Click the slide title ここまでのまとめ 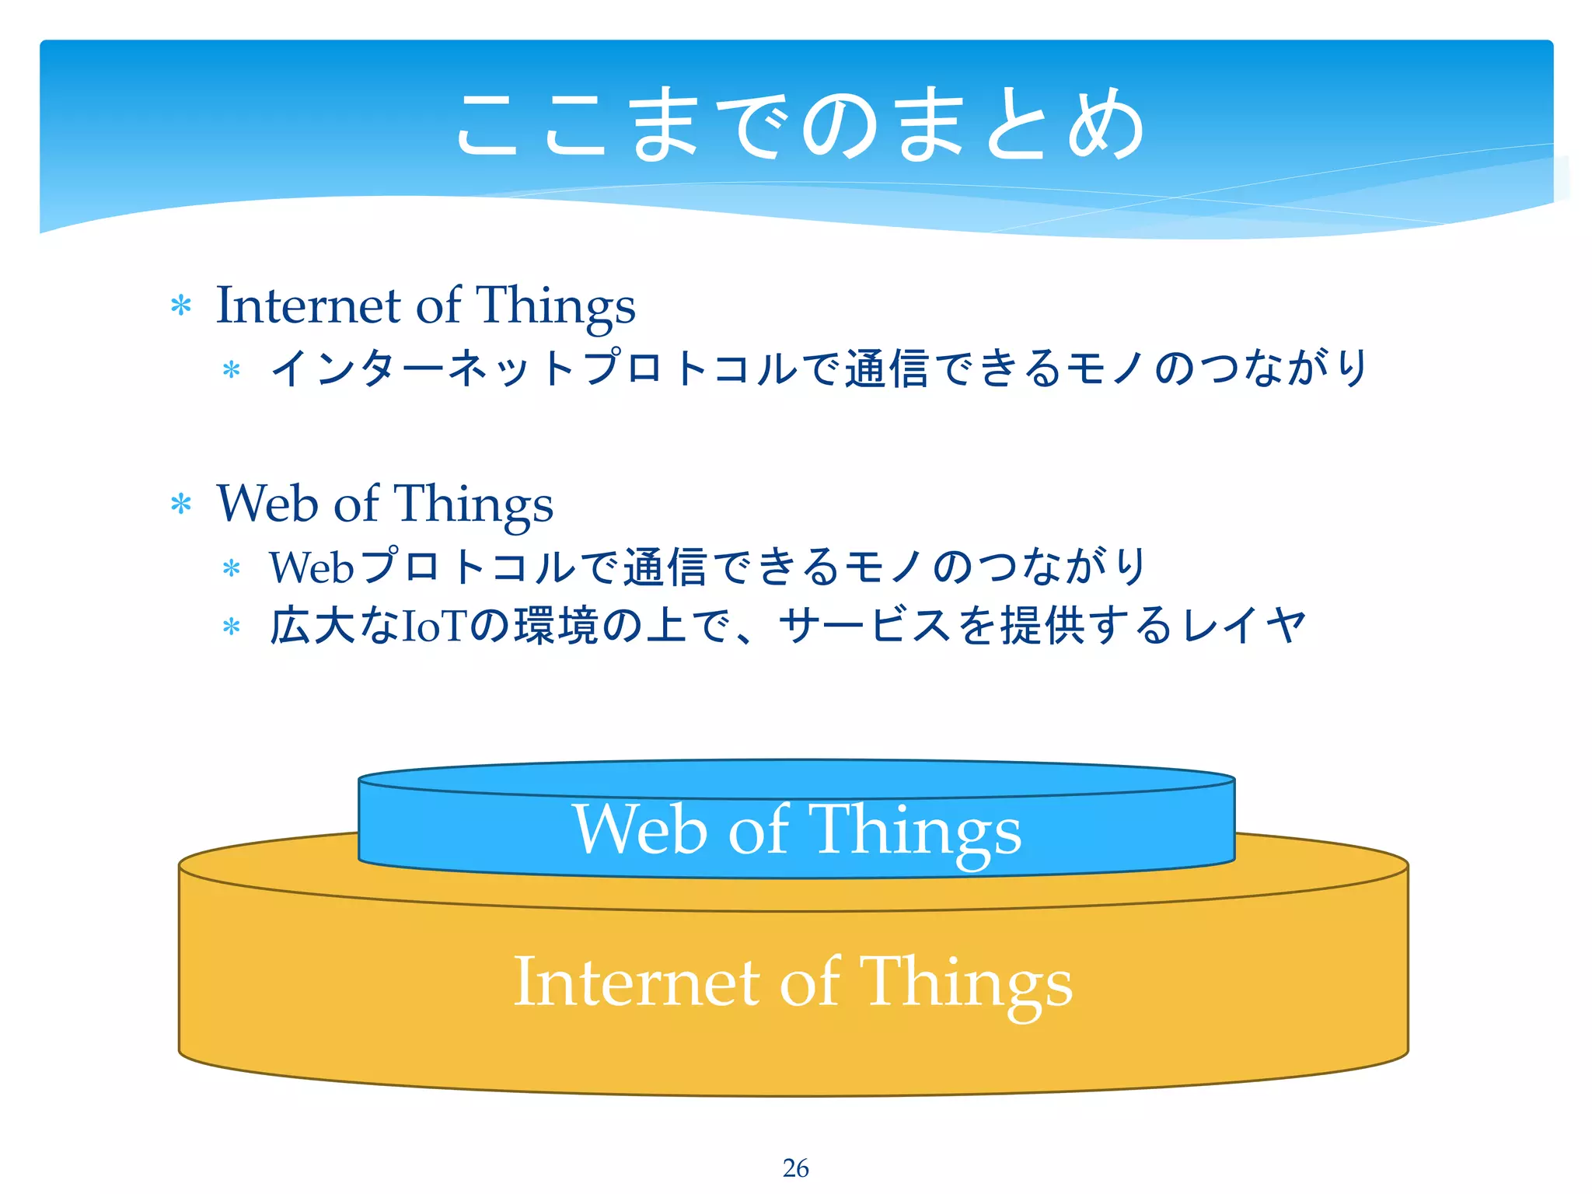point(799,124)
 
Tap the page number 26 point(795,1168)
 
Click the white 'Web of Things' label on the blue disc point(797,830)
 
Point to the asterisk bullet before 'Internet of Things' point(181,305)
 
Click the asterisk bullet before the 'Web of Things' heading point(181,504)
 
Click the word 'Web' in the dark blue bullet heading point(267,503)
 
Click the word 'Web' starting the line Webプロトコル point(312,567)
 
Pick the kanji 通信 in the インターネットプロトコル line point(886,368)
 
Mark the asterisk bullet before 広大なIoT point(231,627)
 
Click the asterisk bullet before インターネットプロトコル point(231,370)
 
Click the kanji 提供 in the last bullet point(1042,626)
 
